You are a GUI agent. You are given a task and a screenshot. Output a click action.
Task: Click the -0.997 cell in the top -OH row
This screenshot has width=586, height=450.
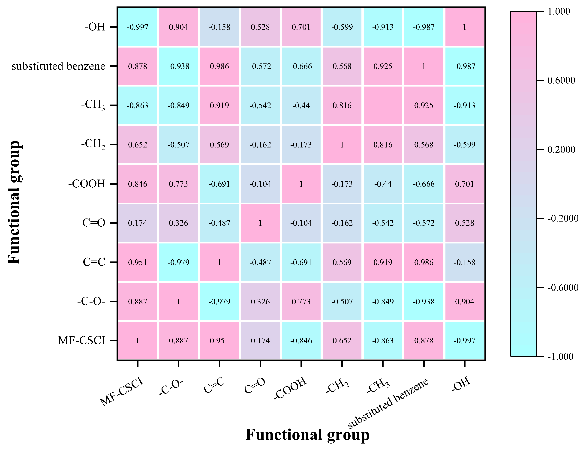tap(137, 27)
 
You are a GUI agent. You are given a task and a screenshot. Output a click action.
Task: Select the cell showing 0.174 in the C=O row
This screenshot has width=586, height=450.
tap(137, 223)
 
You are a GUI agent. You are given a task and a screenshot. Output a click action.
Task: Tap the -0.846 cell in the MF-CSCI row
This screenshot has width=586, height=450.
tap(301, 341)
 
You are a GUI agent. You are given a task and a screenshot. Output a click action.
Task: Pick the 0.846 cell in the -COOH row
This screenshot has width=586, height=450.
tap(137, 184)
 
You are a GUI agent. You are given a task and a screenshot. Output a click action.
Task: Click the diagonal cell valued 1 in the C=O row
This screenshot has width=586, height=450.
tap(260, 223)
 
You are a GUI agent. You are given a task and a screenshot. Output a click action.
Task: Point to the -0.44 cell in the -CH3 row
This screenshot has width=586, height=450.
tap(301, 105)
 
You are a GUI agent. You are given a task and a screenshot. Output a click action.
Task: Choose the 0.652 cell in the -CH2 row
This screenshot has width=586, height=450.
tap(137, 145)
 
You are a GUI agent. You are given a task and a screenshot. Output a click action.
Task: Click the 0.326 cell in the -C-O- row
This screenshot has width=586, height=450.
tap(260, 302)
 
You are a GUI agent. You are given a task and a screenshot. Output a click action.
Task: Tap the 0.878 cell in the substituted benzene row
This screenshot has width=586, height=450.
tap(137, 66)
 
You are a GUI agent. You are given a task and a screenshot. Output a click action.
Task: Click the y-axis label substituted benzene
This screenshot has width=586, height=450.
tap(58, 66)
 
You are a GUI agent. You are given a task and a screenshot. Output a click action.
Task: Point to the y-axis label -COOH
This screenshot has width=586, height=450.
tap(87, 184)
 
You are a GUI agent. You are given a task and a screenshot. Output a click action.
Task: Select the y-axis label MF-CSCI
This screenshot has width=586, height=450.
tap(82, 341)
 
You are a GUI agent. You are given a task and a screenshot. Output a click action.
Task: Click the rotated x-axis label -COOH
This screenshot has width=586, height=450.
tap(290, 388)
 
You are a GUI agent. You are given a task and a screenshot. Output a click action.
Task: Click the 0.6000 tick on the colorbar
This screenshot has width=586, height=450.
tap(561, 80)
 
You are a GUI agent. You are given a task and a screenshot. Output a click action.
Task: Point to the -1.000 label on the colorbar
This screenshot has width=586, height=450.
tap(560, 357)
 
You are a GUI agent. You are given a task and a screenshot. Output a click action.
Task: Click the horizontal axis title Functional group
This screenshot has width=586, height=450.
tap(307, 435)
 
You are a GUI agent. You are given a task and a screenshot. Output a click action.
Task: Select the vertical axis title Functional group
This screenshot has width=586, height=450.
tap(14, 202)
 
